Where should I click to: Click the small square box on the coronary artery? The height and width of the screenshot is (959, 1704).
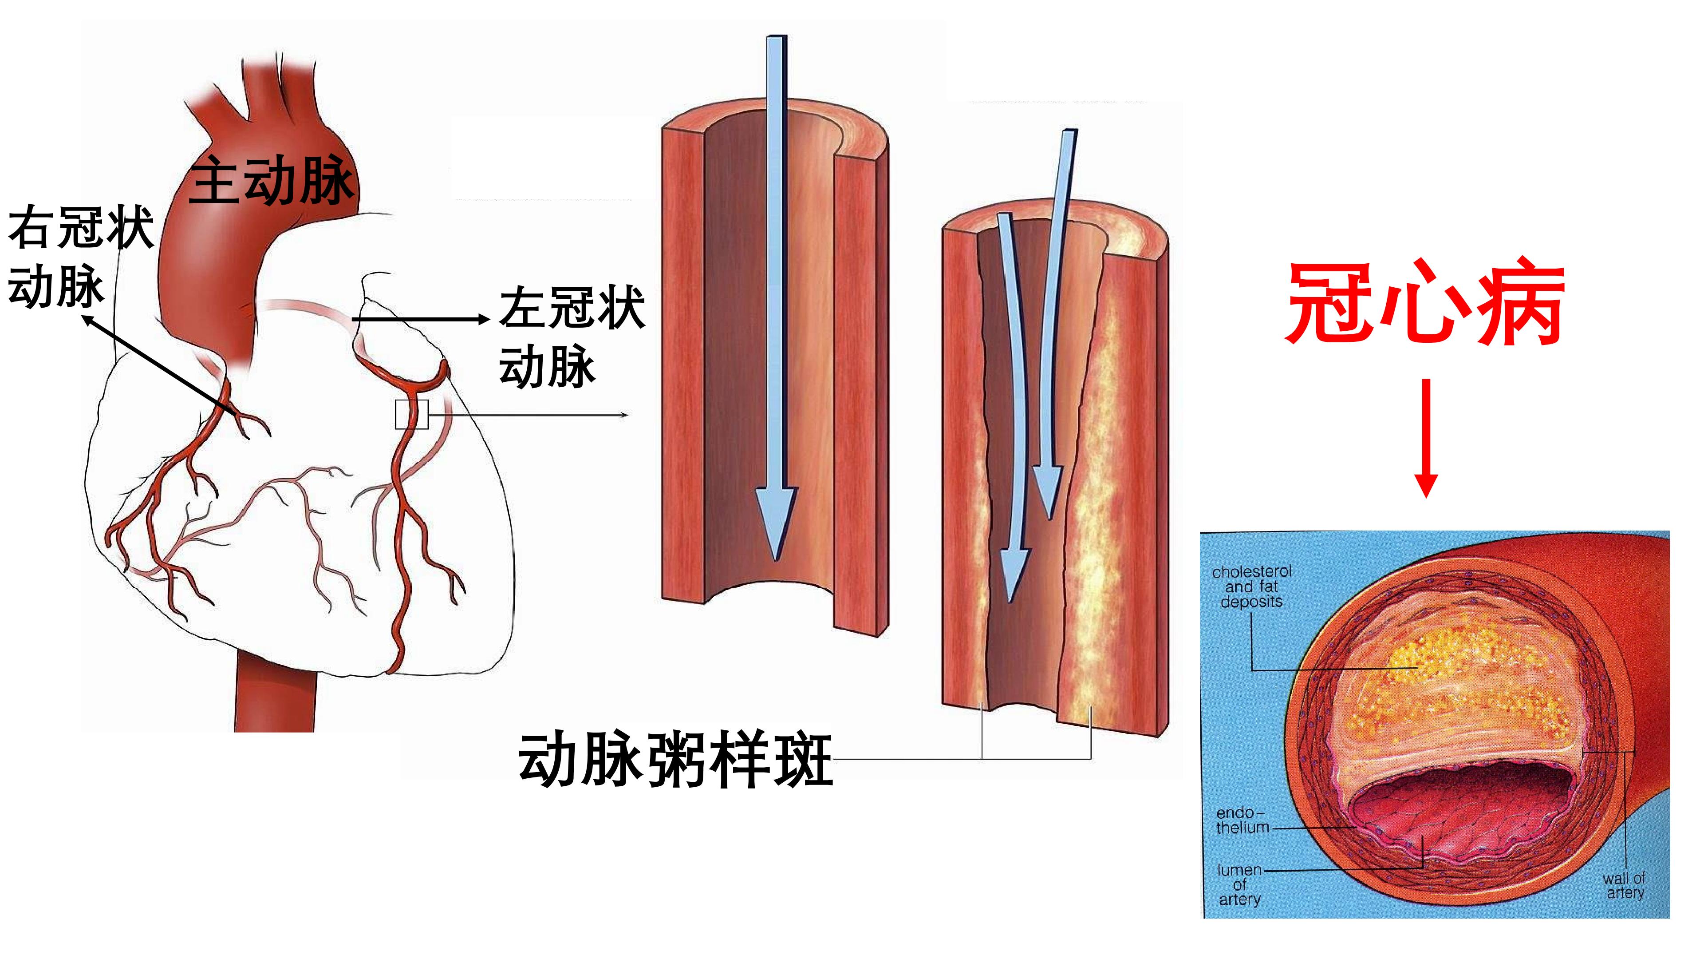[411, 414]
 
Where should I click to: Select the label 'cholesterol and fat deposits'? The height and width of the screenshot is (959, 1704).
[1251, 586]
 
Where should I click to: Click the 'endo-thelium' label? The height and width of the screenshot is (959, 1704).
[1242, 820]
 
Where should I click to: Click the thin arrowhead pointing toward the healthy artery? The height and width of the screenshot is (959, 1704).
[624, 415]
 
